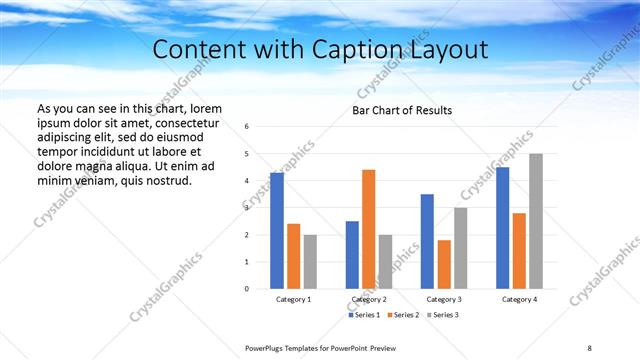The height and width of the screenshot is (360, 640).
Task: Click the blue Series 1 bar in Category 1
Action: click(x=276, y=231)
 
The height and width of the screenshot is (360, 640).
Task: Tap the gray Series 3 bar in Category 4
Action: click(x=536, y=221)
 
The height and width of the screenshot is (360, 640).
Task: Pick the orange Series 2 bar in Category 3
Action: click(x=444, y=264)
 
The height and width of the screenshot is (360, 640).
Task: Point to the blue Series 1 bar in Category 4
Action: click(x=502, y=228)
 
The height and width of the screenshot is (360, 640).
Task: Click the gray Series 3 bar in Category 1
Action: click(x=310, y=262)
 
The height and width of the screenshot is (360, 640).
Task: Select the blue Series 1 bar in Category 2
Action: click(x=352, y=255)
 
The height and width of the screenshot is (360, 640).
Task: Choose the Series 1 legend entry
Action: click(x=364, y=315)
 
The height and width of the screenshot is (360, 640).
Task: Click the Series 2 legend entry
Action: click(x=405, y=315)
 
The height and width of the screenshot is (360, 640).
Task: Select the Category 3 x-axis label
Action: click(x=444, y=300)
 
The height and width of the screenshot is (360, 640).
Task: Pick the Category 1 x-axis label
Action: click(x=293, y=300)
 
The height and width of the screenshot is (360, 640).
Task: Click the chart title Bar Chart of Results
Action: click(x=402, y=110)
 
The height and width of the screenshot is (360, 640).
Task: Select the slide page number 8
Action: click(x=589, y=347)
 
